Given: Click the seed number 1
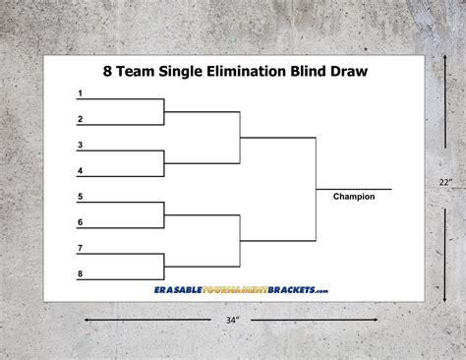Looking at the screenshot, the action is point(80,93).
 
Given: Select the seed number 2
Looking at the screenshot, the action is point(80,119).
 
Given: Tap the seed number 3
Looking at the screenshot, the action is point(80,146).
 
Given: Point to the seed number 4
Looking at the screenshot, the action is point(80,171).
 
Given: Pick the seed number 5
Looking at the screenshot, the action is point(80,197).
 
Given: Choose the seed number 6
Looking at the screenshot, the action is point(80,222).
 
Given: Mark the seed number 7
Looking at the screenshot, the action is point(80,248).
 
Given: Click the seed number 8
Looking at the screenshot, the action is point(80,273).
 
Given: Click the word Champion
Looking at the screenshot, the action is point(354,197).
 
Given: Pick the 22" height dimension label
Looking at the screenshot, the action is point(446,182).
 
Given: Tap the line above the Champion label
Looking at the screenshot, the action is point(354,188).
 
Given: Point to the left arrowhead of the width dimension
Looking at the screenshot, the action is point(87,320).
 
